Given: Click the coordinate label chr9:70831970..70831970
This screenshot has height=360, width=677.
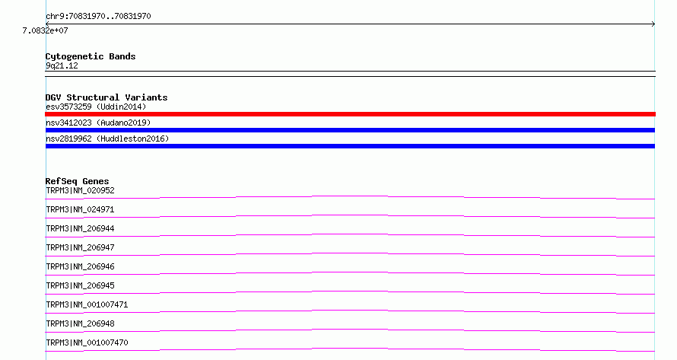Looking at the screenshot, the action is click(98, 17).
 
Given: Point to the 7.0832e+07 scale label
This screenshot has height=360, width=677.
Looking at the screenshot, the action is click(46, 30).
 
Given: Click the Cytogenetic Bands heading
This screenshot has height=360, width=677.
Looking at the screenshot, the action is click(91, 56).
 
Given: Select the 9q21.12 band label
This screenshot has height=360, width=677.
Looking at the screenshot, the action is click(62, 65).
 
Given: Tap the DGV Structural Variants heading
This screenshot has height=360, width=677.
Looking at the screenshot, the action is click(106, 97).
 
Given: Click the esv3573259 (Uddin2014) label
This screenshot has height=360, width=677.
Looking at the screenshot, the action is click(96, 107).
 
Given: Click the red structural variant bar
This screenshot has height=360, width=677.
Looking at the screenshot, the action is click(350, 114).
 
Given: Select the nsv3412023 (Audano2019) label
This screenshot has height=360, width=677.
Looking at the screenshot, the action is click(98, 123).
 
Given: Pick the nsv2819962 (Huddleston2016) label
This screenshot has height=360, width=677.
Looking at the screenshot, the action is click(107, 139).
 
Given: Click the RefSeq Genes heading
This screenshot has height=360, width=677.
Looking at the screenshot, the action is click(77, 181).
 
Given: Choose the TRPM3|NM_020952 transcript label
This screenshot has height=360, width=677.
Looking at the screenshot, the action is click(80, 190).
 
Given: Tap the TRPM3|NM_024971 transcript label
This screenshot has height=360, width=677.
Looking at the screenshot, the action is click(80, 209).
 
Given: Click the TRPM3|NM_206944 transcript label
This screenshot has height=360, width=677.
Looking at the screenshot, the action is click(80, 228).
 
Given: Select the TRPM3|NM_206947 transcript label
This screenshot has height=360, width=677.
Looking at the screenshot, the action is click(80, 247).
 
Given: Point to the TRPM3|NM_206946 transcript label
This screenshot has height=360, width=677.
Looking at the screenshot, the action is click(80, 266).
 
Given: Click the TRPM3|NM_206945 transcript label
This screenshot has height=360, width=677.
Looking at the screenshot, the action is click(80, 285).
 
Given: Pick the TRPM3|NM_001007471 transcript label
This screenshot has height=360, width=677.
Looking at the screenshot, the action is click(87, 304).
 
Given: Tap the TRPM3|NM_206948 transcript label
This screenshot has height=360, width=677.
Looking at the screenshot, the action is click(80, 323).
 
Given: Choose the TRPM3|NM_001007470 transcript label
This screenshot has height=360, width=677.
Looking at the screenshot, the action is click(87, 342).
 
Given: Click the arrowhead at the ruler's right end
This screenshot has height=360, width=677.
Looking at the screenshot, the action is click(654, 24).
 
